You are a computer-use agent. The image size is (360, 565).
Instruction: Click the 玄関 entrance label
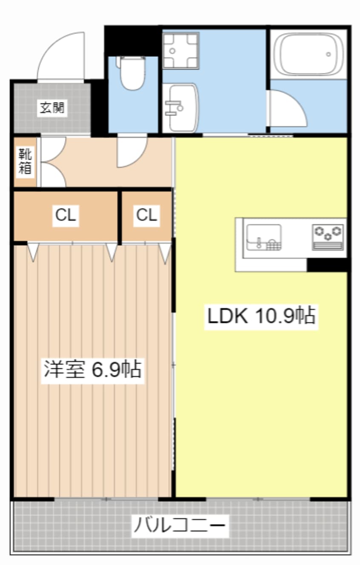[52, 108]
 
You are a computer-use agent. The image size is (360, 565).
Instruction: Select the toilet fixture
[131, 73]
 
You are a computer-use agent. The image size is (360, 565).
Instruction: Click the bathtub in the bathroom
[309, 53]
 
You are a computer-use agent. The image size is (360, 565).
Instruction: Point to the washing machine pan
[180, 50]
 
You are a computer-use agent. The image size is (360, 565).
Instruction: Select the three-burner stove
[328, 237]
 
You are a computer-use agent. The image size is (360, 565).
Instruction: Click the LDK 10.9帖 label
[261, 316]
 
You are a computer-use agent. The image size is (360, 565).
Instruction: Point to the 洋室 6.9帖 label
[92, 369]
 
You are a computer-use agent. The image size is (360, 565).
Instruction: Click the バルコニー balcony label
[179, 525]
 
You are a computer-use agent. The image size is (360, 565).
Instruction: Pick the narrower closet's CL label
[146, 215]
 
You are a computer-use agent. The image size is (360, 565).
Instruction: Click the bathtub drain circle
[328, 54]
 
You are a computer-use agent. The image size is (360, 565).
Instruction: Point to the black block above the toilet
[132, 40]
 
